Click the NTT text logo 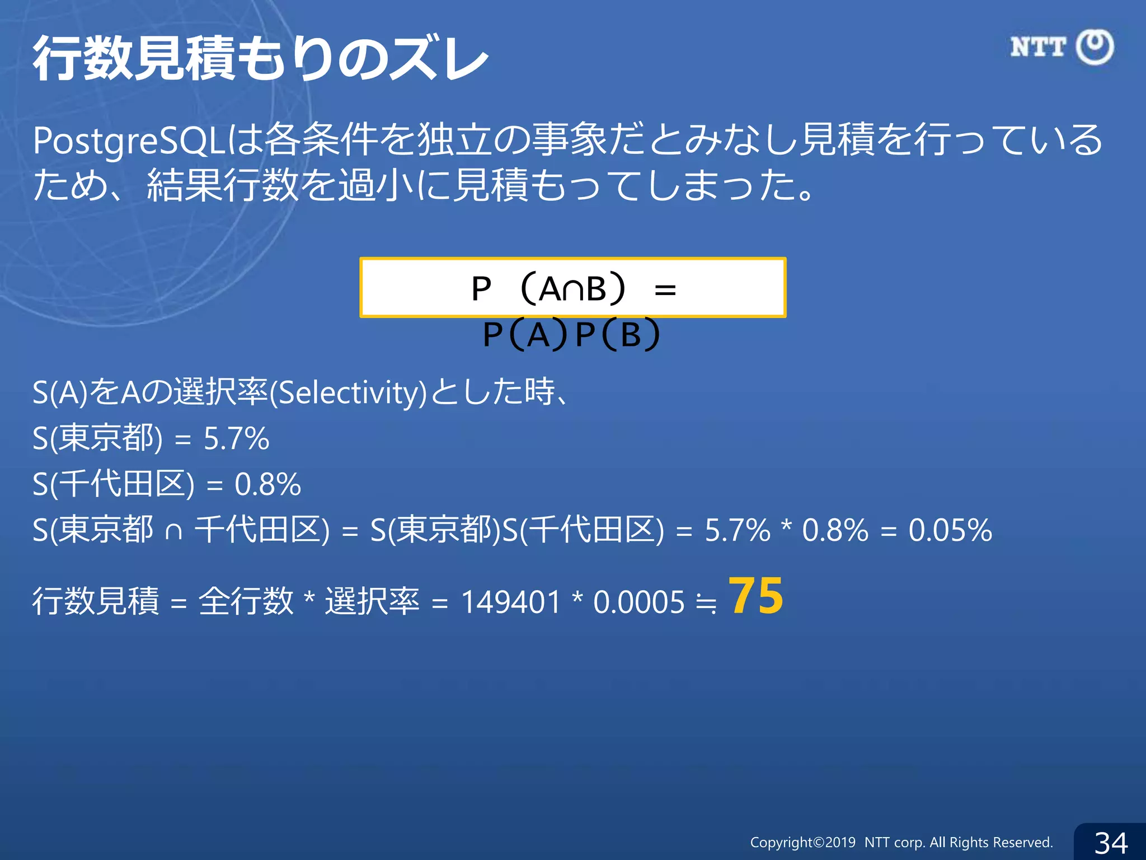pyautogui.click(x=1038, y=47)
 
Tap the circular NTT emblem pyautogui.click(x=1095, y=47)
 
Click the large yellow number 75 pyautogui.click(x=755, y=596)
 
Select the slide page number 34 pyautogui.click(x=1111, y=843)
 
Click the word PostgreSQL pyautogui.click(x=129, y=141)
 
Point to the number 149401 pyautogui.click(x=510, y=602)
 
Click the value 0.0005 pyautogui.click(x=638, y=602)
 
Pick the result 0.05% pyautogui.click(x=950, y=530)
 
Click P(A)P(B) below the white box pyautogui.click(x=571, y=335)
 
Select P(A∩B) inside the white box pyautogui.click(x=548, y=289)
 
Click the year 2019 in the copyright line pyautogui.click(x=840, y=843)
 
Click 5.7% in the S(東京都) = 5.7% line pyautogui.click(x=236, y=438)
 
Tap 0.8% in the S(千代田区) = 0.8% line pyautogui.click(x=267, y=484)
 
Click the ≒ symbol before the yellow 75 pyautogui.click(x=706, y=604)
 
